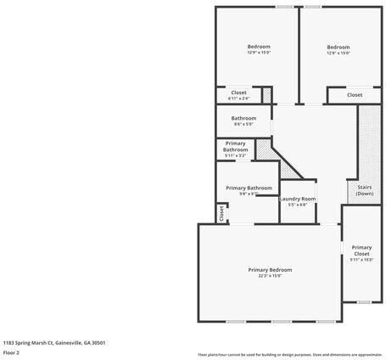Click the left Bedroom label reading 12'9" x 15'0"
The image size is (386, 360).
coord(259,46)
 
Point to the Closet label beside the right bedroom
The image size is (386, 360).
coord(355,94)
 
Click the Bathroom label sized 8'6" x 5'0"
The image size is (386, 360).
coord(243,118)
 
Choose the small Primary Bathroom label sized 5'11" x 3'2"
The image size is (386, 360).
coord(236,147)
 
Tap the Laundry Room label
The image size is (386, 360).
coord(298,199)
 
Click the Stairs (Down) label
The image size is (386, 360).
coord(365,190)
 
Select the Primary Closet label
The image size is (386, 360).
coord(361,250)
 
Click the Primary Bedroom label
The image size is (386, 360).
coord(270,269)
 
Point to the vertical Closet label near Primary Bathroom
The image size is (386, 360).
coord(221,213)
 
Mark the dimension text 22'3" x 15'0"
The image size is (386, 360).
coord(270,276)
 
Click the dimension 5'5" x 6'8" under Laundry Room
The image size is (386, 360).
coord(298,205)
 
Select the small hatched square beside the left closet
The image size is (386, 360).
coord(266,94)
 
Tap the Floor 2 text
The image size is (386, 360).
coord(11,352)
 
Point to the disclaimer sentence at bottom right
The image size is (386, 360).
coord(289,354)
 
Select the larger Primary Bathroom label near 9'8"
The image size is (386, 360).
coord(249,187)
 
